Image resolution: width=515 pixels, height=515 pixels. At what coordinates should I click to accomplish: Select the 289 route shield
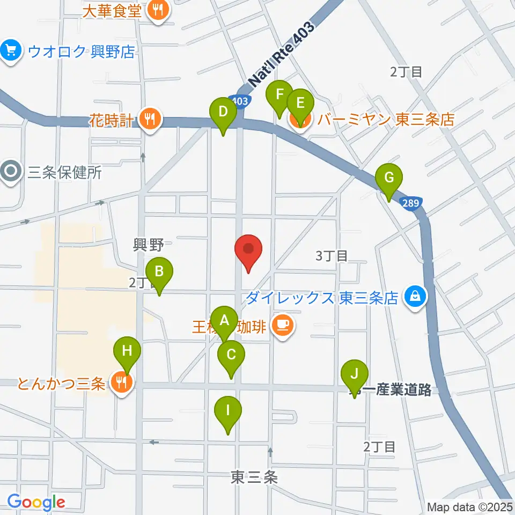(410, 202)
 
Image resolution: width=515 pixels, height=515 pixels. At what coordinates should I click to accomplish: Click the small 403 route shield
(241, 101)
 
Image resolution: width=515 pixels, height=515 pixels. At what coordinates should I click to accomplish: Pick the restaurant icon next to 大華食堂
(158, 9)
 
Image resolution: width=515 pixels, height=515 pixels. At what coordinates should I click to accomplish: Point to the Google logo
(36, 502)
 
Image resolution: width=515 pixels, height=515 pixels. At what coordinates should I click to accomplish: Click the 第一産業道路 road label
(391, 391)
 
